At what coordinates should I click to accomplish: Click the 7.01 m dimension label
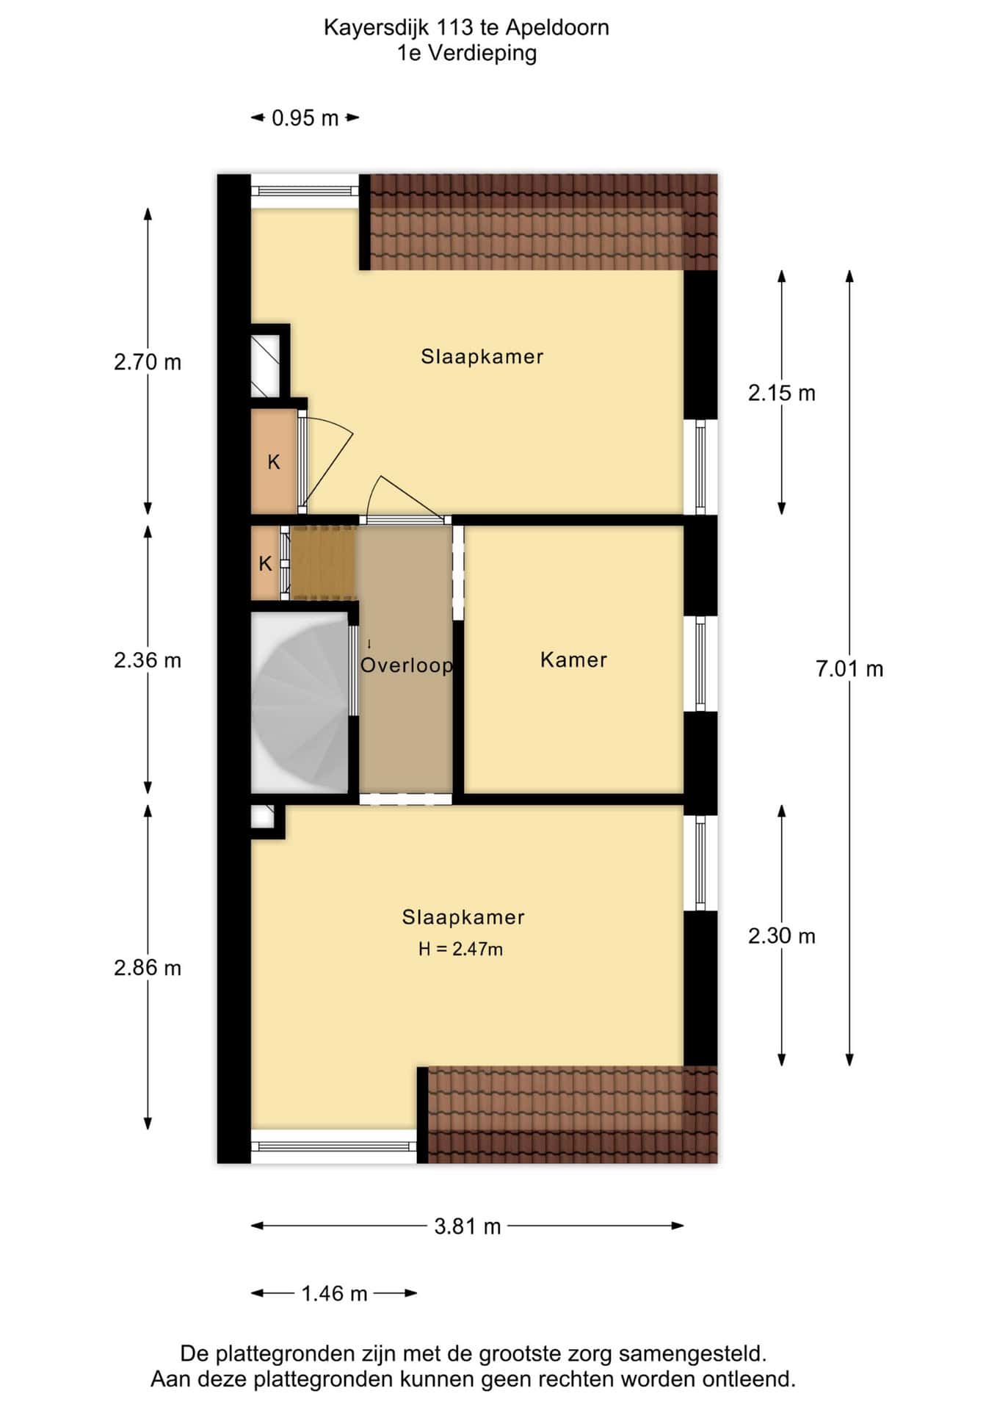click(x=849, y=669)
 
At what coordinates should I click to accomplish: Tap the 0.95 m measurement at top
click(x=305, y=117)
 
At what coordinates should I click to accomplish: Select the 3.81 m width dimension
click(x=467, y=1226)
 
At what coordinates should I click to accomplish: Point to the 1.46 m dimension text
click(x=334, y=1293)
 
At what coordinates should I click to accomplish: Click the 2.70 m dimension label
click(x=148, y=362)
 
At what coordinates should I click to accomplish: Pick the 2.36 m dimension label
click(x=148, y=660)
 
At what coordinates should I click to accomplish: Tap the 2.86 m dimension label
click(x=148, y=968)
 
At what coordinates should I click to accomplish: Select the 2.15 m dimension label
click(x=782, y=393)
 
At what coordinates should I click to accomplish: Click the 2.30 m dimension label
click(x=782, y=936)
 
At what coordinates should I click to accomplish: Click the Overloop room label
click(x=407, y=665)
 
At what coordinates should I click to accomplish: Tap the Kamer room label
click(x=573, y=659)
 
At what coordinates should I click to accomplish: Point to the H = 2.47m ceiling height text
click(x=460, y=949)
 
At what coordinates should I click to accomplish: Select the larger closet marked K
click(x=274, y=461)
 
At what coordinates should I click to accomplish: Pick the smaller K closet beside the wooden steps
click(x=265, y=563)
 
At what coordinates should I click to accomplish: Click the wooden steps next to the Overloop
click(x=324, y=563)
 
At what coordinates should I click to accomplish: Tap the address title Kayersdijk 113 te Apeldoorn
click(x=466, y=28)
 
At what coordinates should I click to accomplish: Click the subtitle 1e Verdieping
click(x=467, y=53)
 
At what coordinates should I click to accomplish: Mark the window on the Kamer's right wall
click(x=700, y=664)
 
